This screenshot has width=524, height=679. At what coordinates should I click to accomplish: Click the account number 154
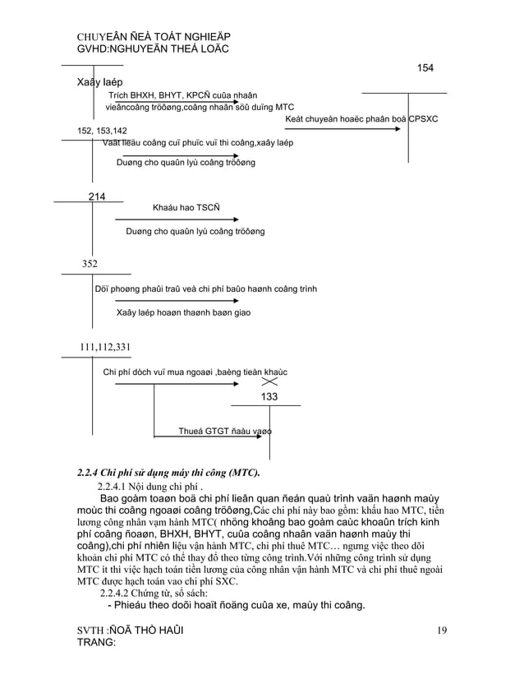pos(425,67)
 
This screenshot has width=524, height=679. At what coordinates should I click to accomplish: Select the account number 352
pos(90,264)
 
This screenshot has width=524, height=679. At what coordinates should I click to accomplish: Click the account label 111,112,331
pos(105,347)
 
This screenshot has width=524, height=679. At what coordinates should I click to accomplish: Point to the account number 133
pos(269,397)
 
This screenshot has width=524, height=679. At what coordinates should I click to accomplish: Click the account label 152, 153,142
pos(102,131)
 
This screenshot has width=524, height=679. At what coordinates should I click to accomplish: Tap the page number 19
pos(442,630)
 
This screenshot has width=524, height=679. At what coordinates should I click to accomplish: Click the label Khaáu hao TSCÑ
pos(185,208)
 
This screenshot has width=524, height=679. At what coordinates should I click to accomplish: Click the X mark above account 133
pos(269,382)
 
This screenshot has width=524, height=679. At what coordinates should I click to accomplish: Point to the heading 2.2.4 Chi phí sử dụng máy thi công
pos(168,473)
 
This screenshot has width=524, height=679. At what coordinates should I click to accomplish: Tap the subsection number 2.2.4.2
pos(120,593)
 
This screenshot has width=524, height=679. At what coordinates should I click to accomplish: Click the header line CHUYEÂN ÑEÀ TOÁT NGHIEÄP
pos(153,38)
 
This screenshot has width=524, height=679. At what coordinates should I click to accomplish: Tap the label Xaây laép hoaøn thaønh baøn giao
pos(183,312)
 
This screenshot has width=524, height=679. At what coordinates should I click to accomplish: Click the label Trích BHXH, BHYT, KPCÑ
pos(172,95)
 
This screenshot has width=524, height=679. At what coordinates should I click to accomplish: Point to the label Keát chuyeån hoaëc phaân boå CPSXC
pos(361,119)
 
